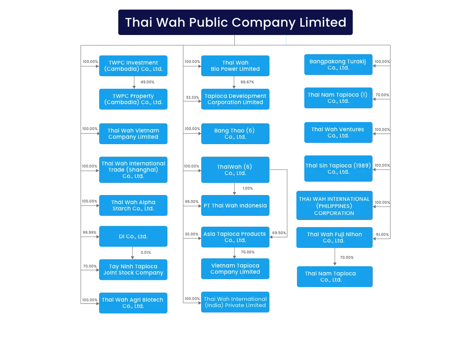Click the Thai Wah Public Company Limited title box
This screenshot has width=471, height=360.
point(235,22)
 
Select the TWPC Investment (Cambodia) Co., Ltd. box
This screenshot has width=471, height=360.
point(133,65)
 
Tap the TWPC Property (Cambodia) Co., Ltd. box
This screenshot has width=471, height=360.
point(133,99)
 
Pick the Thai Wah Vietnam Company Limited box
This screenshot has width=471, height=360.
point(133,134)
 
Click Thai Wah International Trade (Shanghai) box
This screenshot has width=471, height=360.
point(133,170)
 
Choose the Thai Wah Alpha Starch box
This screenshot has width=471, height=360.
point(133,205)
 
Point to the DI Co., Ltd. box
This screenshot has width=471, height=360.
point(133,236)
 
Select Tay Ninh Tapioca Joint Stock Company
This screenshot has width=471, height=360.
point(133,270)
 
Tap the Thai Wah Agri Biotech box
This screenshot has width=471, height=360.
point(133,302)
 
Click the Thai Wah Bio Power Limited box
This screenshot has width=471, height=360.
point(235,65)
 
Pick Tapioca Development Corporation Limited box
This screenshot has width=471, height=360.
point(235,99)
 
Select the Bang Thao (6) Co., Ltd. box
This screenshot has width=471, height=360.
point(235,134)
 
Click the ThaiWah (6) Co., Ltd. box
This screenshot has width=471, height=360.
point(235,170)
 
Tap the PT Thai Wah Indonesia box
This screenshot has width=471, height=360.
point(235,205)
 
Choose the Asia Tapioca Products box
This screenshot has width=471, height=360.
point(235,237)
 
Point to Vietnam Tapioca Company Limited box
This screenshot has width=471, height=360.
point(235,269)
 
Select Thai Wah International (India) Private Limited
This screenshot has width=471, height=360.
point(235,302)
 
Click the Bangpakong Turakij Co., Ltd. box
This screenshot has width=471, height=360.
point(338,65)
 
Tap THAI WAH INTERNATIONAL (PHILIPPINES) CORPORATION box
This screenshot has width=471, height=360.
point(334,206)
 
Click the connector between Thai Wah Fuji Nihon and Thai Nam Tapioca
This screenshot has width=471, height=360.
point(335,257)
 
